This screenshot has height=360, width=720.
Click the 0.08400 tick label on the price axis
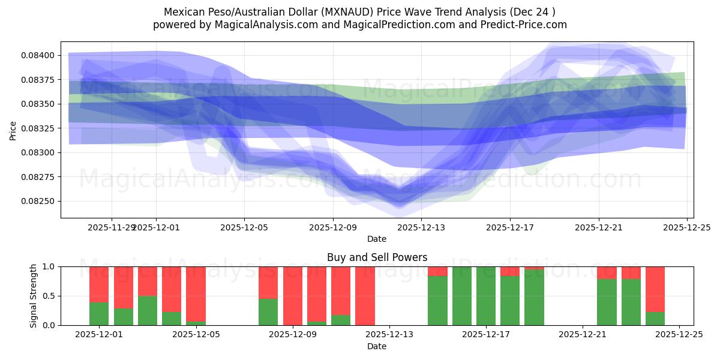[x=38, y=55]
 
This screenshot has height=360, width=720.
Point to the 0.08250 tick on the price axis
[x=38, y=201]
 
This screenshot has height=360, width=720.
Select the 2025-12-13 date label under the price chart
[x=421, y=227]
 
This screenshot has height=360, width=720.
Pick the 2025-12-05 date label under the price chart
[x=244, y=227]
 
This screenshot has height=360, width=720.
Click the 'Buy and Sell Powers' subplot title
[x=377, y=257]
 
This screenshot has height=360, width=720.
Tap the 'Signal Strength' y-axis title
[x=34, y=295]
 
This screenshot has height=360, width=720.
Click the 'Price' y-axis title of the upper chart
[x=13, y=130]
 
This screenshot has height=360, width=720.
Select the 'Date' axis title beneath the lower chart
[x=377, y=346]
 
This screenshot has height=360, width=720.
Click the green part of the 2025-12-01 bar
[x=99, y=314]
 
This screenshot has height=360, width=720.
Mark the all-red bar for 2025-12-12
[x=365, y=296]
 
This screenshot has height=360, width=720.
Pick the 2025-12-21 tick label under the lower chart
[x=583, y=335]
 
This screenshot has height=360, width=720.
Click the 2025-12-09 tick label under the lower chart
[x=293, y=335]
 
